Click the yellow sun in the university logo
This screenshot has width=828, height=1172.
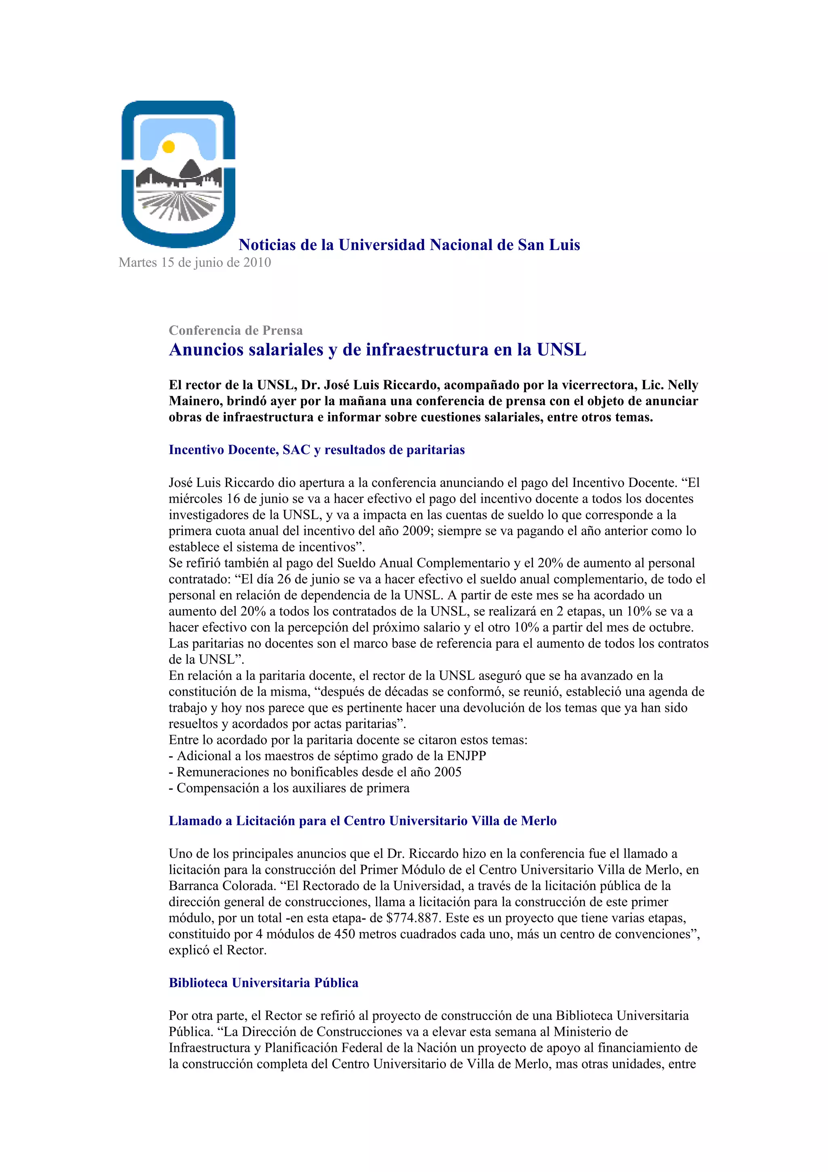click(168, 147)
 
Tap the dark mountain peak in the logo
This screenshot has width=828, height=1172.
click(190, 167)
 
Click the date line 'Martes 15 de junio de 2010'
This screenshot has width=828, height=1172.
click(194, 262)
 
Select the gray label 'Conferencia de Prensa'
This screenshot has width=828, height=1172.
click(236, 330)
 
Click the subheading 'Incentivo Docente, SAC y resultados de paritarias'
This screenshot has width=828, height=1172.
click(316, 450)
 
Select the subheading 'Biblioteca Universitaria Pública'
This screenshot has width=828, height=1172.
click(263, 983)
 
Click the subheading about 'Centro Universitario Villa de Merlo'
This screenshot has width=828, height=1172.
click(362, 821)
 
